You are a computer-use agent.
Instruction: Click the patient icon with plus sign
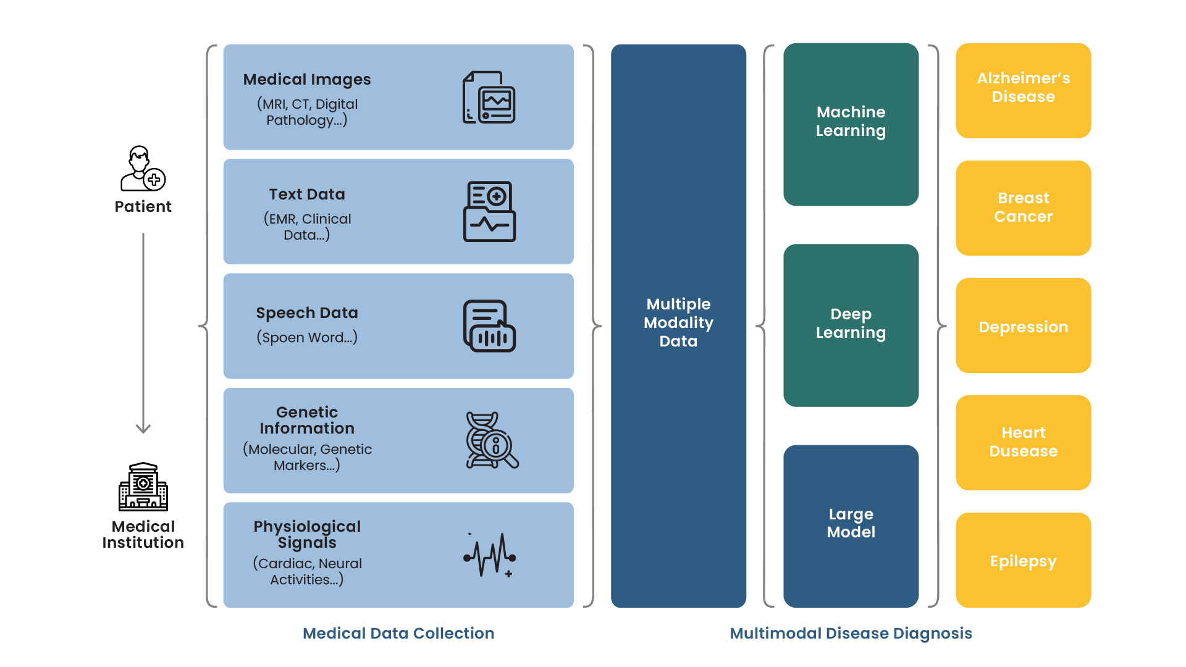[143, 169]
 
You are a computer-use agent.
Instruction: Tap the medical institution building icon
[143, 487]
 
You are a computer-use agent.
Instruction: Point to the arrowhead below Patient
[143, 428]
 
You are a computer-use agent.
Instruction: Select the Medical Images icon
[489, 97]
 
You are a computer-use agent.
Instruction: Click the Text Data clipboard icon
[490, 211]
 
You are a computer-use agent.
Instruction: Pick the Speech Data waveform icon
[490, 326]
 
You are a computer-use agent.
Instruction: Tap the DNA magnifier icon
[492, 440]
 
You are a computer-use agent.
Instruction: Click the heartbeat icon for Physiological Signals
[490, 555]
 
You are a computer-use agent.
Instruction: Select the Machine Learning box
[851, 124]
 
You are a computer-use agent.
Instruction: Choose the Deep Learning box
[851, 325]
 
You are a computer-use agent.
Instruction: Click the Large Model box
[851, 526]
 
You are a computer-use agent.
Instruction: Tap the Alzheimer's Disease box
[1023, 90]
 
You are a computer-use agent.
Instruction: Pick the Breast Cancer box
[1023, 208]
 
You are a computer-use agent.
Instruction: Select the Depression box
[1023, 325]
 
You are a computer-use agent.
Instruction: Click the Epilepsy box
[1023, 560]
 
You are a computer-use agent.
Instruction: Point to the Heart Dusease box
[1023, 442]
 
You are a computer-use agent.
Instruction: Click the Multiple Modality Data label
[678, 322]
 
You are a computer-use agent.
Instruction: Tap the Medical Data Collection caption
[398, 633]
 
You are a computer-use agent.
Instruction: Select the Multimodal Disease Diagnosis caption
[851, 633]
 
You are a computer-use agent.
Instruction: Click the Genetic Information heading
[307, 420]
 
